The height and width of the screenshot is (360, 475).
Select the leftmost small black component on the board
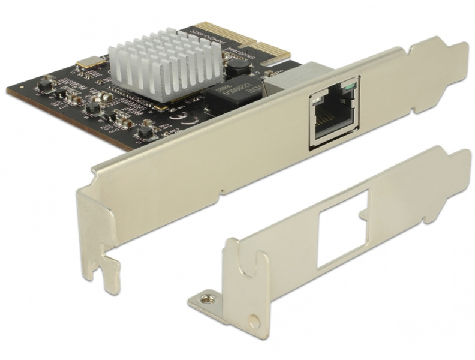coord(43,87)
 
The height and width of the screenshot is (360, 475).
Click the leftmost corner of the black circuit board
coord(8,90)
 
